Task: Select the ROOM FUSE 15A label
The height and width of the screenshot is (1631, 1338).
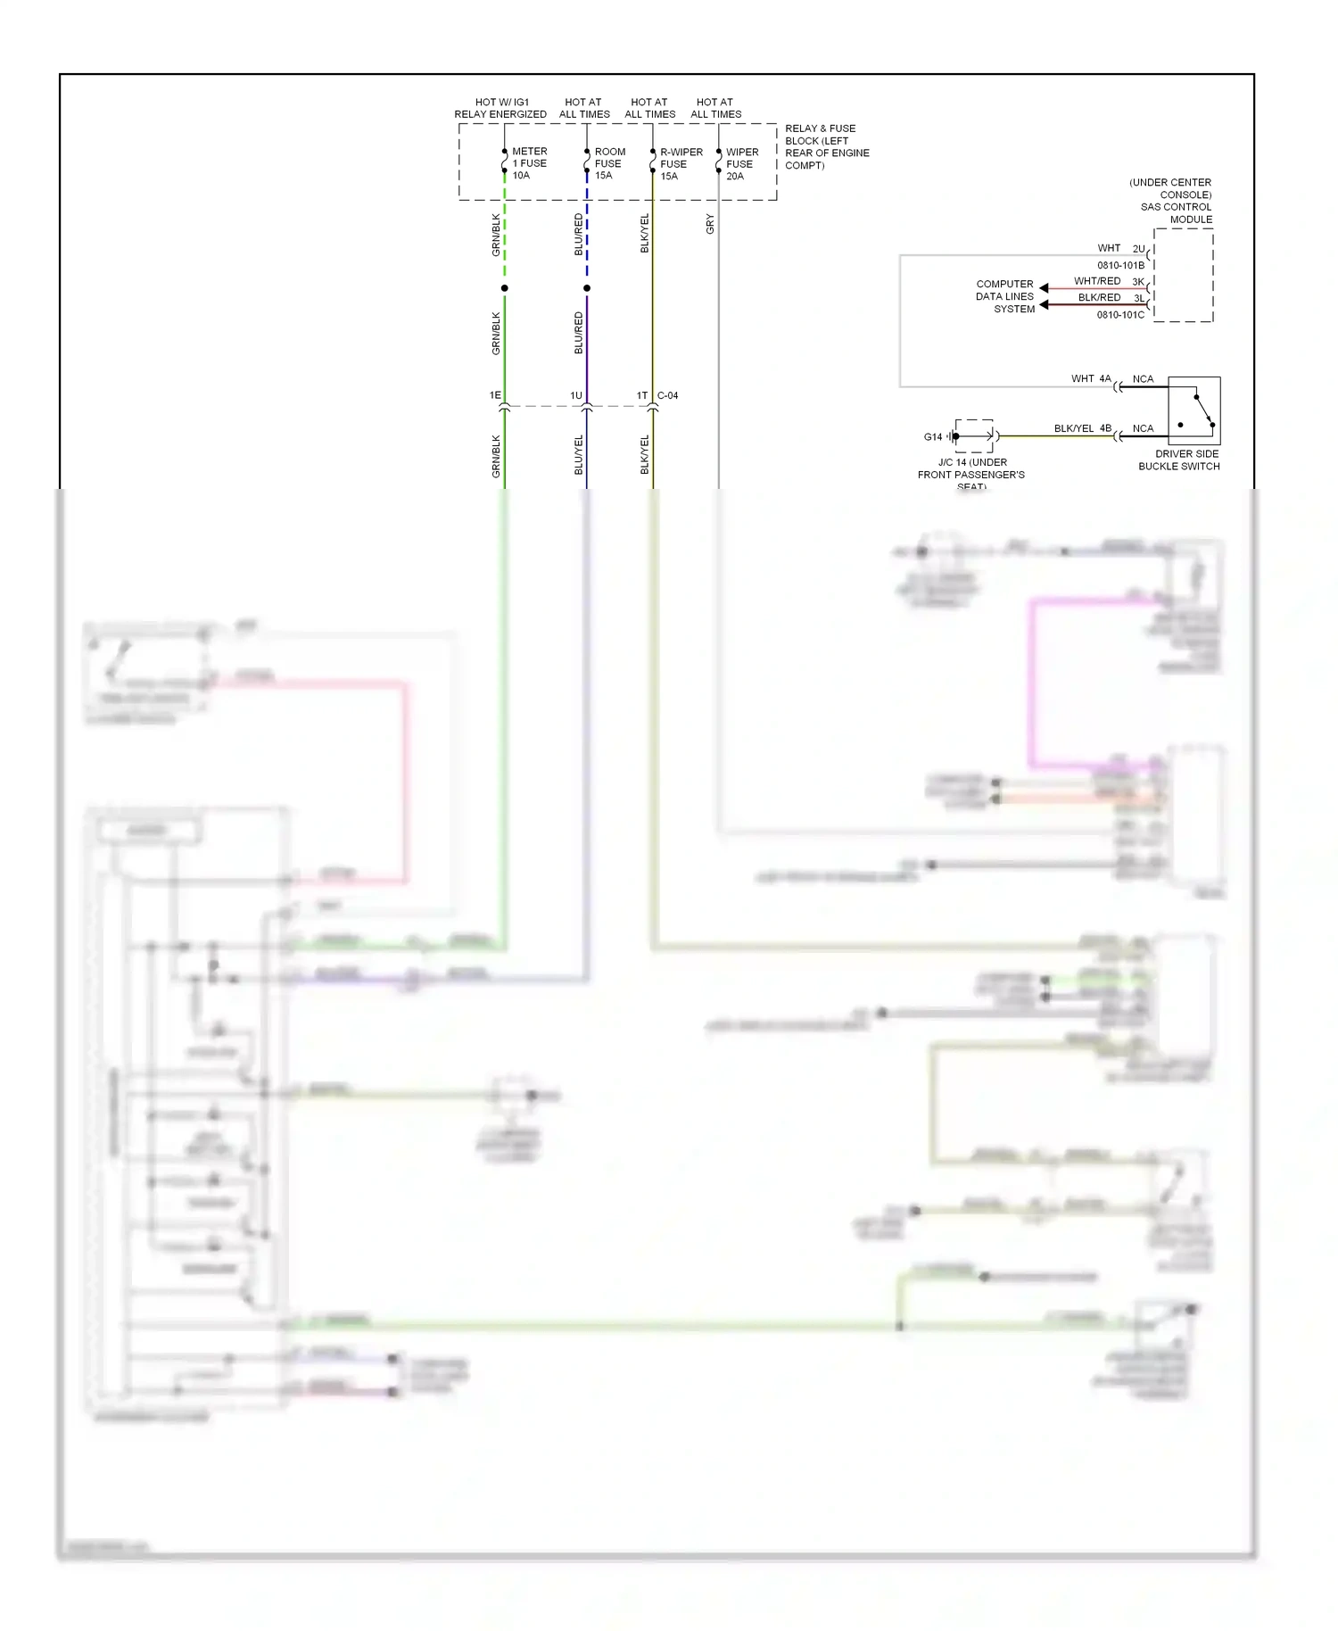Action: coord(609,163)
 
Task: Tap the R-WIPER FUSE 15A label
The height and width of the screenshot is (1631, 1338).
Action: coord(680,164)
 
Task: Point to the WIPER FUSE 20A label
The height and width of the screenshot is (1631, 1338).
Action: coord(741,164)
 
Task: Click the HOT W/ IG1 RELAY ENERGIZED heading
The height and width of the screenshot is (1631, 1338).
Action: coord(500,108)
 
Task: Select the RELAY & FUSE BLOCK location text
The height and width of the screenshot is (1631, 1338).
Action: coord(826,147)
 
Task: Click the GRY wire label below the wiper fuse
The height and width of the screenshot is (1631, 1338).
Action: coord(710,224)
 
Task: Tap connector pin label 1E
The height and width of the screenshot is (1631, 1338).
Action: coord(495,395)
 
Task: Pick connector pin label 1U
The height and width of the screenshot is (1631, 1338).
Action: coord(576,395)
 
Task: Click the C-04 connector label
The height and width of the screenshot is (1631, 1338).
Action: coord(667,395)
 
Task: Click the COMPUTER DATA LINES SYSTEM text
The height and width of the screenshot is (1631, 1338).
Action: coord(1005,296)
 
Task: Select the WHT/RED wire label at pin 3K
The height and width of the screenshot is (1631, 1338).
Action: coord(1097,281)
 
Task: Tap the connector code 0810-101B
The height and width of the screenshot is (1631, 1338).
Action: coord(1120,265)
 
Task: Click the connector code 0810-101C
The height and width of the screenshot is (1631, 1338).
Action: coord(1120,315)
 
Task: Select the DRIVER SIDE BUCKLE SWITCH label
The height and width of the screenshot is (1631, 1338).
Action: coord(1180,460)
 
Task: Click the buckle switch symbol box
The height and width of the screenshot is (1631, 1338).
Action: coord(1193,411)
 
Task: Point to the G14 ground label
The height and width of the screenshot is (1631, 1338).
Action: coord(932,437)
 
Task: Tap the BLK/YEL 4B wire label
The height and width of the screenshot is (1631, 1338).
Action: coord(1082,428)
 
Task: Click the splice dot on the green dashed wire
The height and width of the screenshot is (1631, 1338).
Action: coord(505,288)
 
